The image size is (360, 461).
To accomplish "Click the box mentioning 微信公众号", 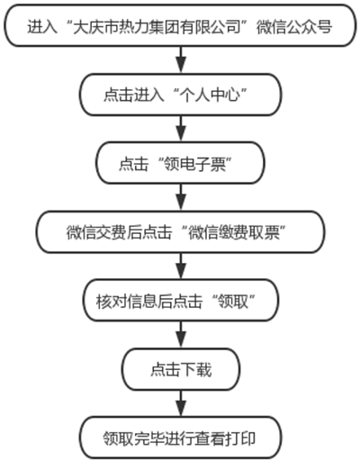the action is pyautogui.click(x=180, y=26).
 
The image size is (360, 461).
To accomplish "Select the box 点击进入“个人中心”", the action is pyautogui.click(x=181, y=95).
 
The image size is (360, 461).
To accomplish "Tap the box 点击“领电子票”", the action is pyautogui.click(x=181, y=163).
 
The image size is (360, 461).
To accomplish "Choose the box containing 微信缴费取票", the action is pyautogui.click(x=181, y=232).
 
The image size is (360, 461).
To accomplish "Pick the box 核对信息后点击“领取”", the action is pyautogui.click(x=181, y=301).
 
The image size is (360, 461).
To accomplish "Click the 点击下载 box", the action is pyautogui.click(x=181, y=369).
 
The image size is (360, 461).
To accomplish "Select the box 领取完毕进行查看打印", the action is pyautogui.click(x=181, y=438).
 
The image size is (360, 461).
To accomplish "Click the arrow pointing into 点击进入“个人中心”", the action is pyautogui.click(x=181, y=60).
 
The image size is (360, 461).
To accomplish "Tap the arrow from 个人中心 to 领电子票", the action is pyautogui.click(x=181, y=129).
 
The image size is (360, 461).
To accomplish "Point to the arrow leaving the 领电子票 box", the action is pyautogui.click(x=181, y=197).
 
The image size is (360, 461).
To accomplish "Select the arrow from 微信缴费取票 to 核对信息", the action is pyautogui.click(x=181, y=266).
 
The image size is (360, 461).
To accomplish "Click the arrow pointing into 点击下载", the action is pyautogui.click(x=181, y=335).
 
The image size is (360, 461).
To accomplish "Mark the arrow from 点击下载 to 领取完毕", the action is pyautogui.click(x=181, y=403).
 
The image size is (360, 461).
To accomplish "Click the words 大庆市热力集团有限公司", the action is pyautogui.click(x=157, y=27).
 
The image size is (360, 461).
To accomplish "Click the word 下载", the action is pyautogui.click(x=196, y=370).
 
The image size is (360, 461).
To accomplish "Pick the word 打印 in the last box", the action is pyautogui.click(x=240, y=438).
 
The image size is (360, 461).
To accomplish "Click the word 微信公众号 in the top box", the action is pyautogui.click(x=294, y=27).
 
